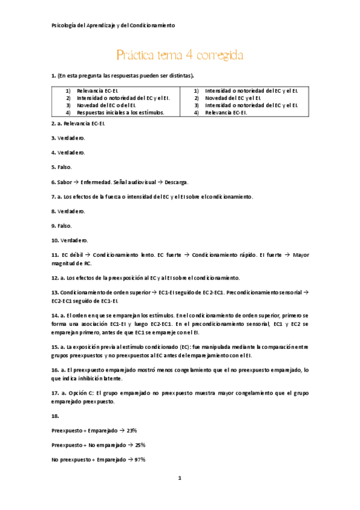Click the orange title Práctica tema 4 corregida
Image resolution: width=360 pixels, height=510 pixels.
[180, 55]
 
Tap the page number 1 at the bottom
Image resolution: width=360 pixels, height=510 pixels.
[180, 478]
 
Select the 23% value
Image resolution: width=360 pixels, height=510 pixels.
[132, 430]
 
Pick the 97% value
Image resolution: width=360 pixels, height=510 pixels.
[141, 459]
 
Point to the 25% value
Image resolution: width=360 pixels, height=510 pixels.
[140, 444]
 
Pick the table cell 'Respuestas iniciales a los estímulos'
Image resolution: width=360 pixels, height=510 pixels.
[121, 112]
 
